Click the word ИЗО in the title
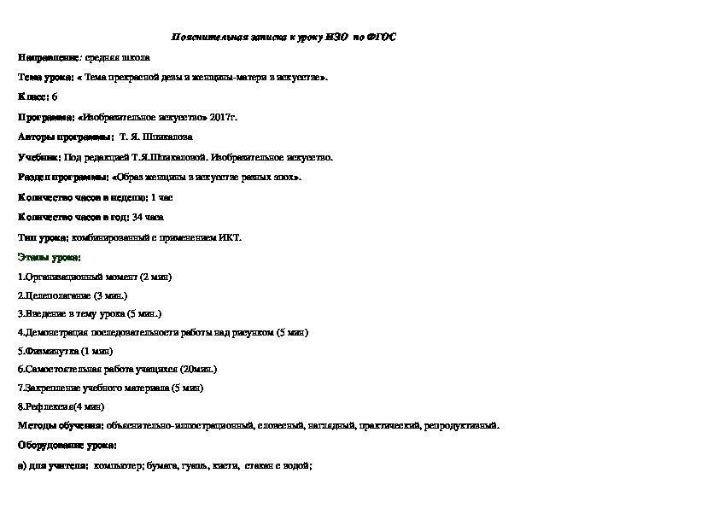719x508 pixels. point(336,38)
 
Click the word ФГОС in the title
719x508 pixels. point(382,38)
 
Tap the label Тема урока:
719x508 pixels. point(44,78)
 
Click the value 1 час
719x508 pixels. point(161,197)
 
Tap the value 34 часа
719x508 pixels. point(148,217)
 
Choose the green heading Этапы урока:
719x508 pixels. point(49,257)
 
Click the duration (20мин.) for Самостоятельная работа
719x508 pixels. point(198,370)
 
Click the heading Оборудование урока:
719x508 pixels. point(67,445)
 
